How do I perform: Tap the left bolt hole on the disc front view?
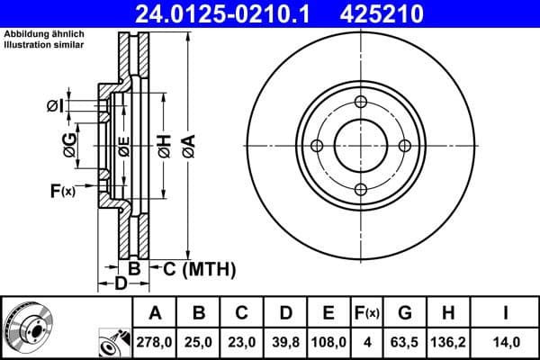point(316,146)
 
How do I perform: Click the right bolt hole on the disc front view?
point(404,146)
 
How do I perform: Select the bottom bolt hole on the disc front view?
point(360,189)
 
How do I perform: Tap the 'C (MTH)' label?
point(199,268)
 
